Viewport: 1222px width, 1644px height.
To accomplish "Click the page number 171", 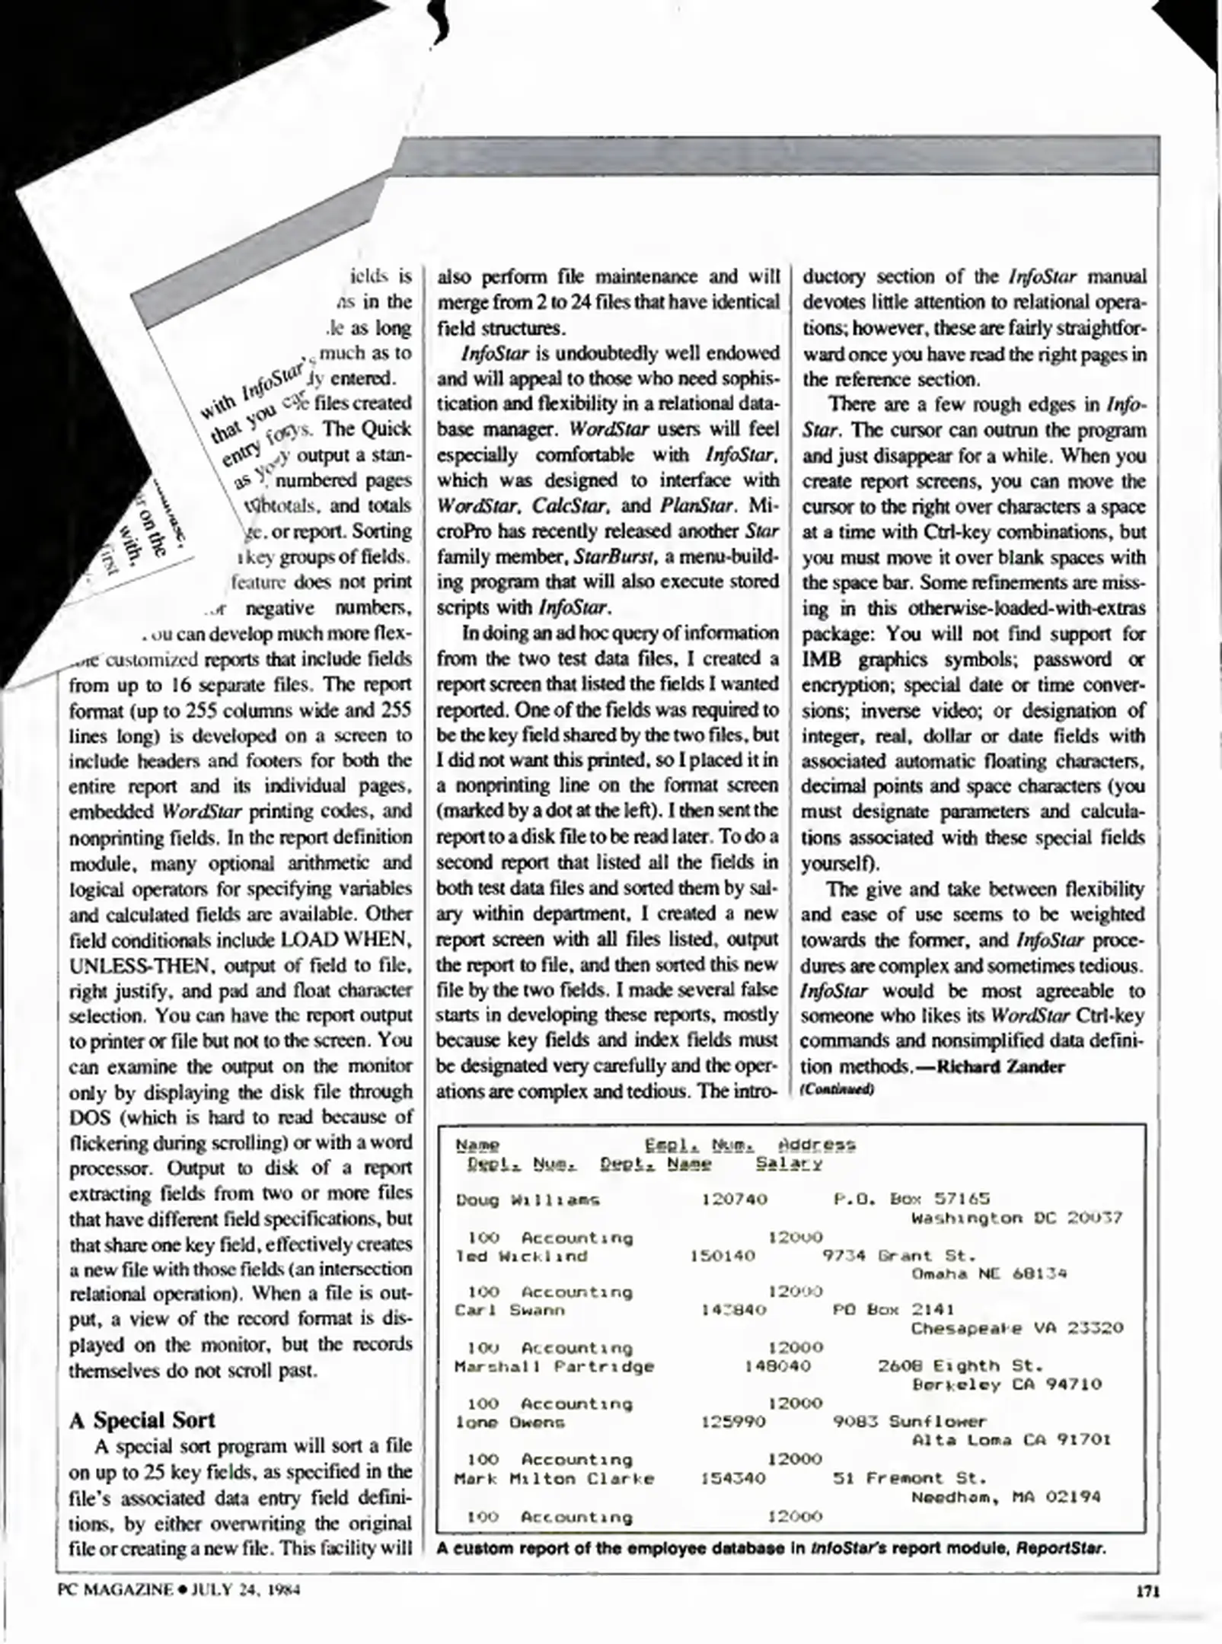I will pos(1147,1591).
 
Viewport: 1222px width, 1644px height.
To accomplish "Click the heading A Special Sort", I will pos(142,1419).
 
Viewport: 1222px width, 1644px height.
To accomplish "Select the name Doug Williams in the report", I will pos(528,1200).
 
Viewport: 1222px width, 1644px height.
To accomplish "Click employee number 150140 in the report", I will pos(722,1256).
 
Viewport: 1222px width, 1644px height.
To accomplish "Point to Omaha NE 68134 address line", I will pos(989,1273).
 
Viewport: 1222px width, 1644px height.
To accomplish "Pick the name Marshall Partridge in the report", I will pos(554,1366).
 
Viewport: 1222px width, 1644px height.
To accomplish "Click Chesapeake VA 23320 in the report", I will pos(1016,1328).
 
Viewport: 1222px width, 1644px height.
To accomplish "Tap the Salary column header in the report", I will pos(789,1164).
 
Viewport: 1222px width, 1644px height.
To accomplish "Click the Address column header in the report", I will pos(816,1145).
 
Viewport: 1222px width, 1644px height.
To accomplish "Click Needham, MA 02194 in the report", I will pos(1006,1496).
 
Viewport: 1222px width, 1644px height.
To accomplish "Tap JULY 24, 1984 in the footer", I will pos(245,1590).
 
